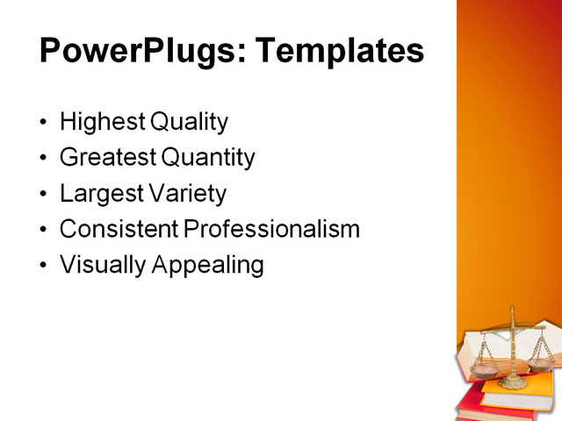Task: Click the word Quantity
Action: pyautogui.click(x=208, y=158)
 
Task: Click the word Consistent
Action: pyautogui.click(x=119, y=229)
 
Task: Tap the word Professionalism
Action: pyautogui.click(x=272, y=229)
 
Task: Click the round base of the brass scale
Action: pyautogui.click(x=514, y=382)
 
